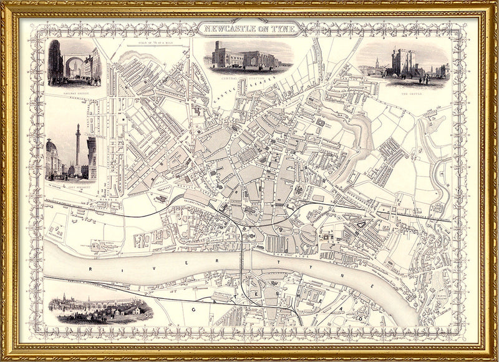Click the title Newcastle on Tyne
(249, 28)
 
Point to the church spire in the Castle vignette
(377, 64)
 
